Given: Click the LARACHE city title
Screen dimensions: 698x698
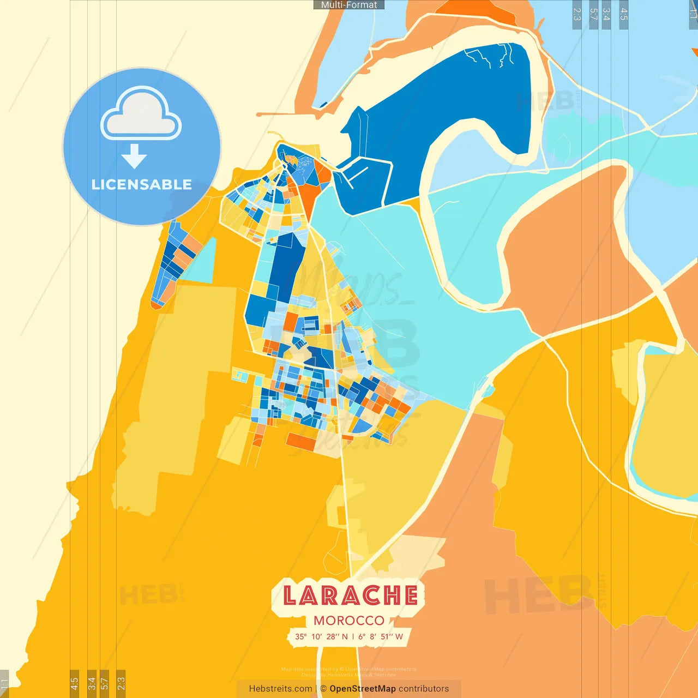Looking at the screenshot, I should [350, 595].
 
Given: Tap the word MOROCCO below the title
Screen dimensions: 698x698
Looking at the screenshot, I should [349, 621].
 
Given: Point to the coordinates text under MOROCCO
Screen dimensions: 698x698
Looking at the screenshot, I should [349, 636].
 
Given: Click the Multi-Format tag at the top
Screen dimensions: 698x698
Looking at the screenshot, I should [349, 5].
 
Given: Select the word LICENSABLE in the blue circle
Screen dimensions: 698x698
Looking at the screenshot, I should [142, 185].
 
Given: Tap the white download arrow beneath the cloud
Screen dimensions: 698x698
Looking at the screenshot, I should [134, 156].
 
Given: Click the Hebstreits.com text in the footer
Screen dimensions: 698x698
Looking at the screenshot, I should [280, 689].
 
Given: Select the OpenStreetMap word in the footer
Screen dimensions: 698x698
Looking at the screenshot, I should [363, 689].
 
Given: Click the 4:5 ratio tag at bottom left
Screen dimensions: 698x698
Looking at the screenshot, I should [74, 683].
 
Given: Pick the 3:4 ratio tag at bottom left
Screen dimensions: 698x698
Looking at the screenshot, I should [92, 683].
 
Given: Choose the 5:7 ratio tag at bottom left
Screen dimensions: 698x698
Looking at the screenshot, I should [104, 683].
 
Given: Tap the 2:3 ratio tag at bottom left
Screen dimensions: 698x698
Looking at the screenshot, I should [121, 683].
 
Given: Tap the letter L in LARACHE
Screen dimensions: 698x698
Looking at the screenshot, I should [290, 595].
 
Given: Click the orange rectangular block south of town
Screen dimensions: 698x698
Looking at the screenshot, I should [301, 441].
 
